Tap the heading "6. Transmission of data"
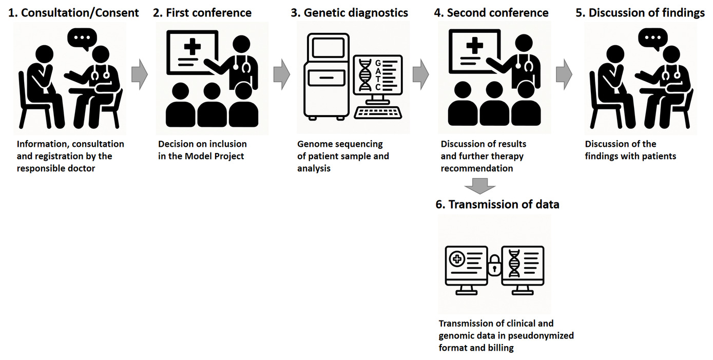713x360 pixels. [x=497, y=204]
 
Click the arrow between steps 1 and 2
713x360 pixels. [x=139, y=75]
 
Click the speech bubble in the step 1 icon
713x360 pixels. [x=82, y=39]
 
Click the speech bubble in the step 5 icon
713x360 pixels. [x=652, y=39]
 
